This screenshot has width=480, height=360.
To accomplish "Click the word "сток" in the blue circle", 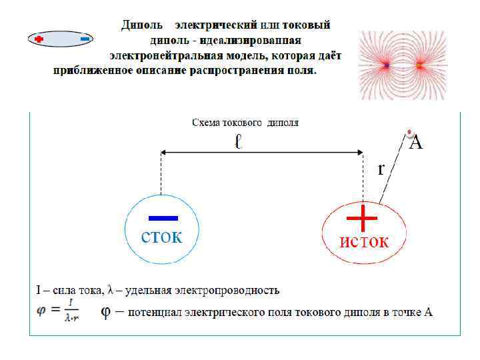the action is tap(161, 238).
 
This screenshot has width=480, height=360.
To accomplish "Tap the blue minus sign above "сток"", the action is tap(163, 218).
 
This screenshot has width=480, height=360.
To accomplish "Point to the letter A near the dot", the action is tap(416, 141).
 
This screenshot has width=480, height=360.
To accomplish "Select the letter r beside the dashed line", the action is tap(381, 169).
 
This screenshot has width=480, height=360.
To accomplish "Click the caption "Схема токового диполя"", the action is tap(245, 123).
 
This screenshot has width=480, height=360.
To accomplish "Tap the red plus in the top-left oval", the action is tap(39, 39).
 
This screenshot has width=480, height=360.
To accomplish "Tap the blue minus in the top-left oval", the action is tap(85, 39).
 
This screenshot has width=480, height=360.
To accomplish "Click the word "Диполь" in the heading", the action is tap(141, 25).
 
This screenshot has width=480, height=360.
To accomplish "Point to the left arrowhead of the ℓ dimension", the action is tap(164, 154).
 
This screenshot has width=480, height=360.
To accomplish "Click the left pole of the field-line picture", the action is tap(387, 65).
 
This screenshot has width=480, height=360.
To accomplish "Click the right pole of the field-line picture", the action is tap(420, 65).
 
